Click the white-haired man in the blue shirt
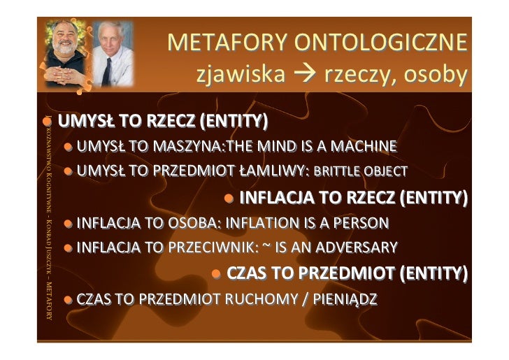(x=112, y=52)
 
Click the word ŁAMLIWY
(x=270, y=171)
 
